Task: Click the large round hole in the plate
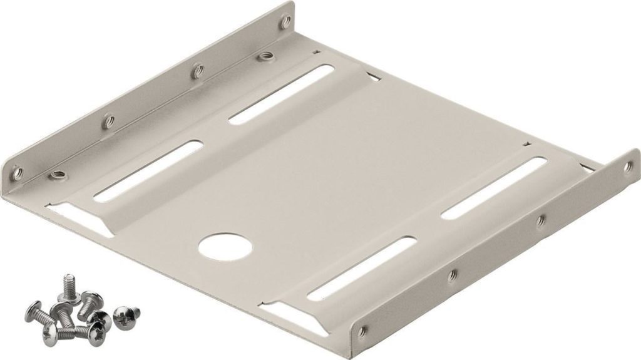point(225,247)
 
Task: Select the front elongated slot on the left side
point(148,170)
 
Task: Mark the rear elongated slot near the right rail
point(495,188)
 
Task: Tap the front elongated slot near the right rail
point(362,269)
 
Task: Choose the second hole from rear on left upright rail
point(196,71)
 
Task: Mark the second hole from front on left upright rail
point(108,119)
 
